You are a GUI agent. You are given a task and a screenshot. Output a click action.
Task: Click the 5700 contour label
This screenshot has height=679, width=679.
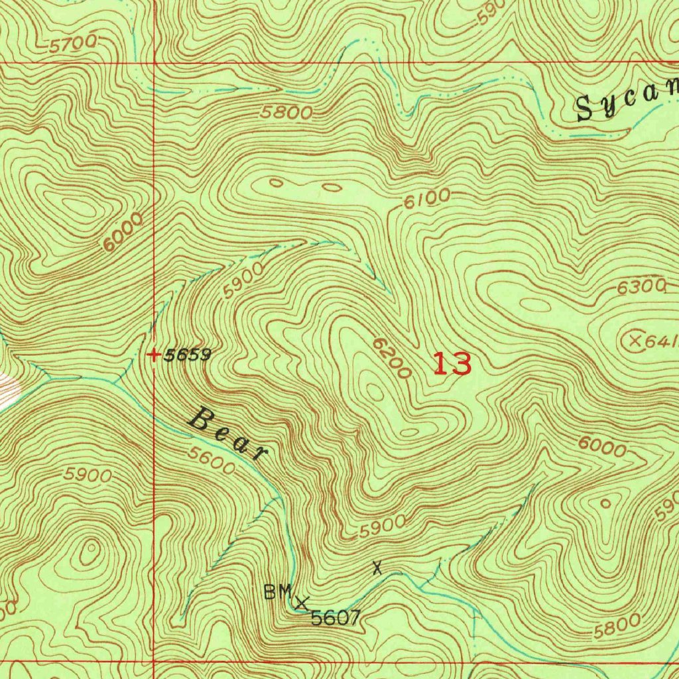74,44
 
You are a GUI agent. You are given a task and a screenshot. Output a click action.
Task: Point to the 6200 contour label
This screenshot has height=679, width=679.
392,358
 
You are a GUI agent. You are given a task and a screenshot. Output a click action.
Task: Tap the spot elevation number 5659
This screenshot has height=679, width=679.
188,355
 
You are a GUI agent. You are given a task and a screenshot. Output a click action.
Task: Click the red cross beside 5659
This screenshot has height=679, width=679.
154,355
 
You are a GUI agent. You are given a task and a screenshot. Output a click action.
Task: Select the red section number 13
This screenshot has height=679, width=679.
452,364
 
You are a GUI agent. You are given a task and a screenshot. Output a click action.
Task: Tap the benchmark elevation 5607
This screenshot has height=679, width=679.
336,619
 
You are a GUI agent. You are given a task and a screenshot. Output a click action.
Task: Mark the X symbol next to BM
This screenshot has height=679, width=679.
302,603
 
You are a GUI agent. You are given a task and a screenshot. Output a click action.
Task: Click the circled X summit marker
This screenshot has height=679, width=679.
635,341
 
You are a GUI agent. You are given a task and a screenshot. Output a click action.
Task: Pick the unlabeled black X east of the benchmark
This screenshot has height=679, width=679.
377,568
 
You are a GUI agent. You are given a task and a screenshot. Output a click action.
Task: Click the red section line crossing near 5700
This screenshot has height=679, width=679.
154,62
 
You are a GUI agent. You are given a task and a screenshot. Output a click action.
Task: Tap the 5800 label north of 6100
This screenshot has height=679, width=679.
286,113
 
